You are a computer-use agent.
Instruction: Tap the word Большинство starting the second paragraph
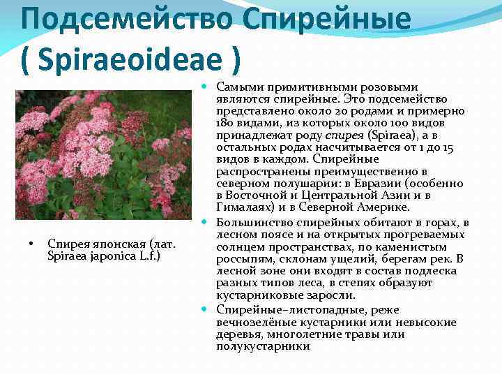[x=254, y=223]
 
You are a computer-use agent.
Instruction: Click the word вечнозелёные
[x=251, y=322]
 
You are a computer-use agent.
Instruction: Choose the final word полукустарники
[x=263, y=346]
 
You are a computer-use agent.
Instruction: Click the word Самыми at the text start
[x=237, y=87]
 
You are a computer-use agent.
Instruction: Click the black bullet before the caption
[x=31, y=244]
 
